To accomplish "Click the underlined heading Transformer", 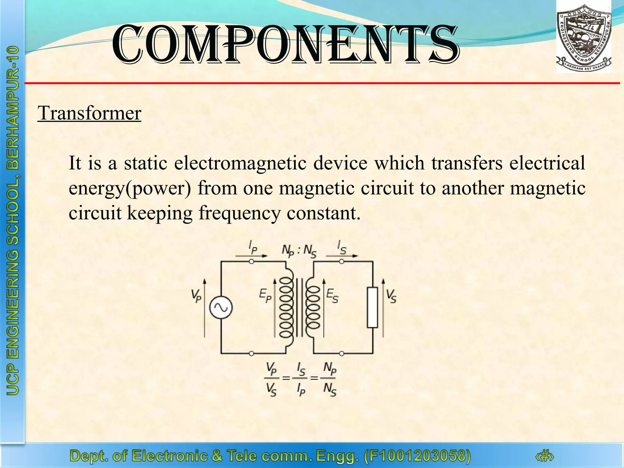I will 89,113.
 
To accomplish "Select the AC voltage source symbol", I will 221,308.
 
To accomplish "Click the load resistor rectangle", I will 372,307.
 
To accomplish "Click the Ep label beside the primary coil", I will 265,296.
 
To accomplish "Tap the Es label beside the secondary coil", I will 332,296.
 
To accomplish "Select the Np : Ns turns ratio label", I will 299,251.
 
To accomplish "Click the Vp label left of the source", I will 196,296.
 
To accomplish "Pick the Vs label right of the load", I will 391,296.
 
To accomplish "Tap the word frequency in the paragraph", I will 239,213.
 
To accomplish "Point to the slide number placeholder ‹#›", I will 544,456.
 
